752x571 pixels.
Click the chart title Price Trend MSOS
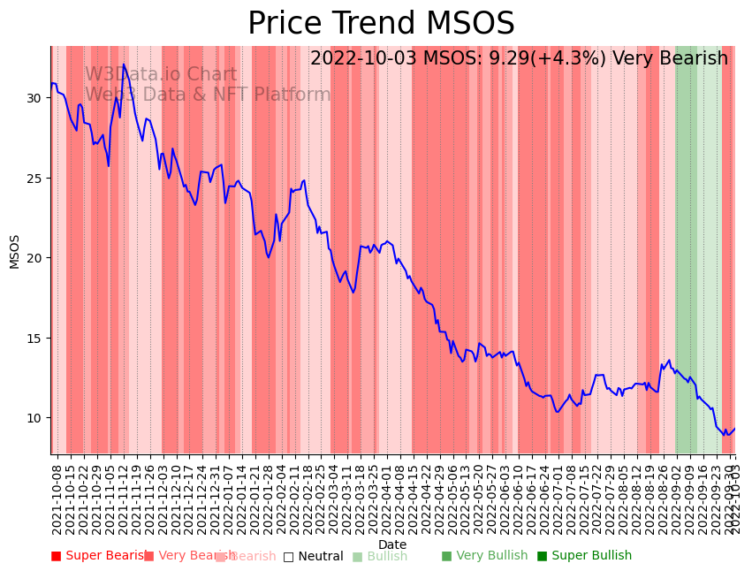coord(381,24)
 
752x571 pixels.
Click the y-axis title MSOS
coord(14,251)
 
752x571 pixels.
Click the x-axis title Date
coord(392,544)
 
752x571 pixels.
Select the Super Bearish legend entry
coord(99,556)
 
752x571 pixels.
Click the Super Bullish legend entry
coord(584,556)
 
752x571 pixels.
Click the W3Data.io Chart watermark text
coord(161,75)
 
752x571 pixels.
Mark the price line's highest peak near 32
coord(124,65)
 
